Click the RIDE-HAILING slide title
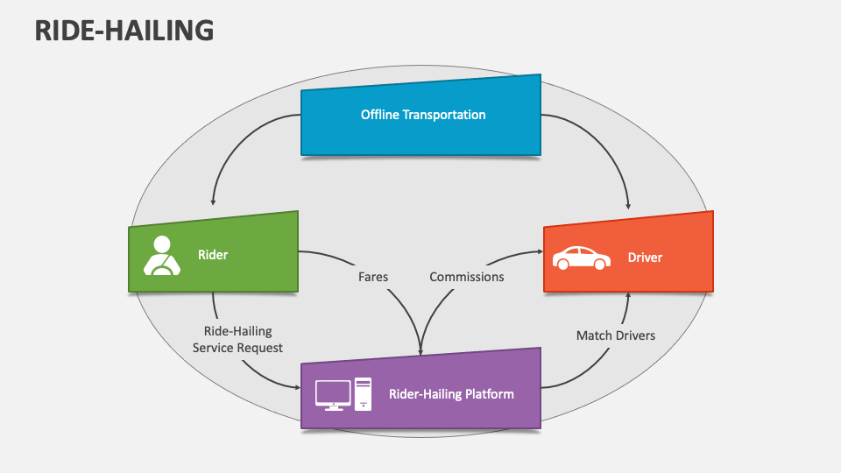pyautogui.click(x=124, y=30)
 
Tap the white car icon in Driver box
pyautogui.click(x=581, y=258)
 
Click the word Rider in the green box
pyautogui.click(x=213, y=255)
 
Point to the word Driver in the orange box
pyautogui.click(x=645, y=258)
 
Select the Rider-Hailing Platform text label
pyautogui.click(x=451, y=394)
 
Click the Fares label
pyautogui.click(x=373, y=277)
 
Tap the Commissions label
pyautogui.click(x=466, y=277)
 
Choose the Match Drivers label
pyautogui.click(x=615, y=335)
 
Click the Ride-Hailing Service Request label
pyautogui.click(x=237, y=339)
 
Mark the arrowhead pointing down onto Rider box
pyautogui.click(x=213, y=201)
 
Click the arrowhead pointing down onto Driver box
pyautogui.click(x=628, y=206)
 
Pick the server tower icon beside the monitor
pyautogui.click(x=363, y=393)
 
